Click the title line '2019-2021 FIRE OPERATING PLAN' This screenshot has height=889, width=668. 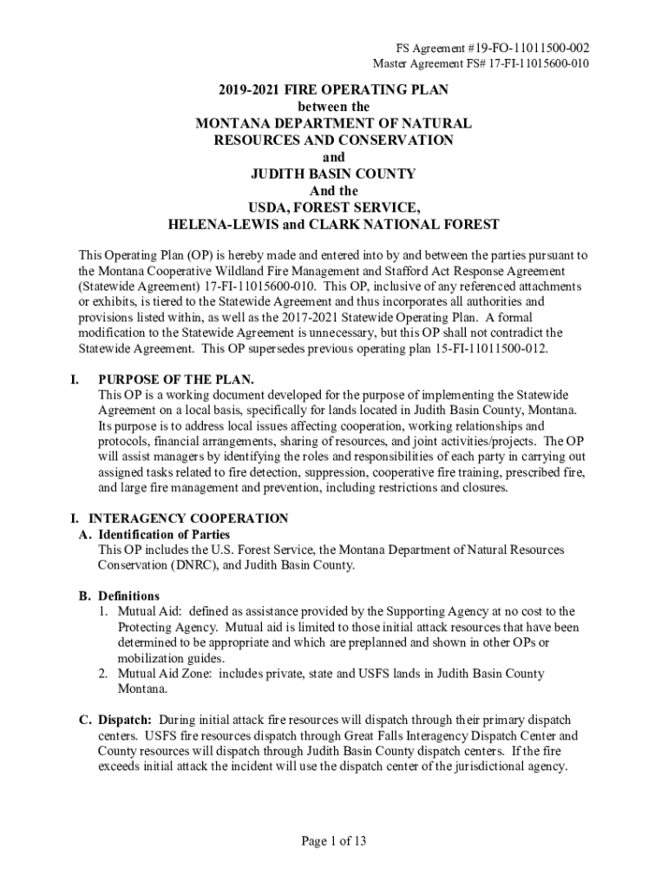[333, 90]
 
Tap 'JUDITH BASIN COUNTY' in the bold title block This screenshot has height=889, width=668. [333, 174]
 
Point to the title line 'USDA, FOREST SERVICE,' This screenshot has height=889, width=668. [333, 207]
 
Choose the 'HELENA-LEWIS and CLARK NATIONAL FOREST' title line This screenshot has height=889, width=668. [333, 224]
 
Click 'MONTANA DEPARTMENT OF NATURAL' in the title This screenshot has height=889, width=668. [333, 124]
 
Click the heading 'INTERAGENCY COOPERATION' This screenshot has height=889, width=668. [193, 518]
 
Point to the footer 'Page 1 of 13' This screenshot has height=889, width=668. [334, 840]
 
